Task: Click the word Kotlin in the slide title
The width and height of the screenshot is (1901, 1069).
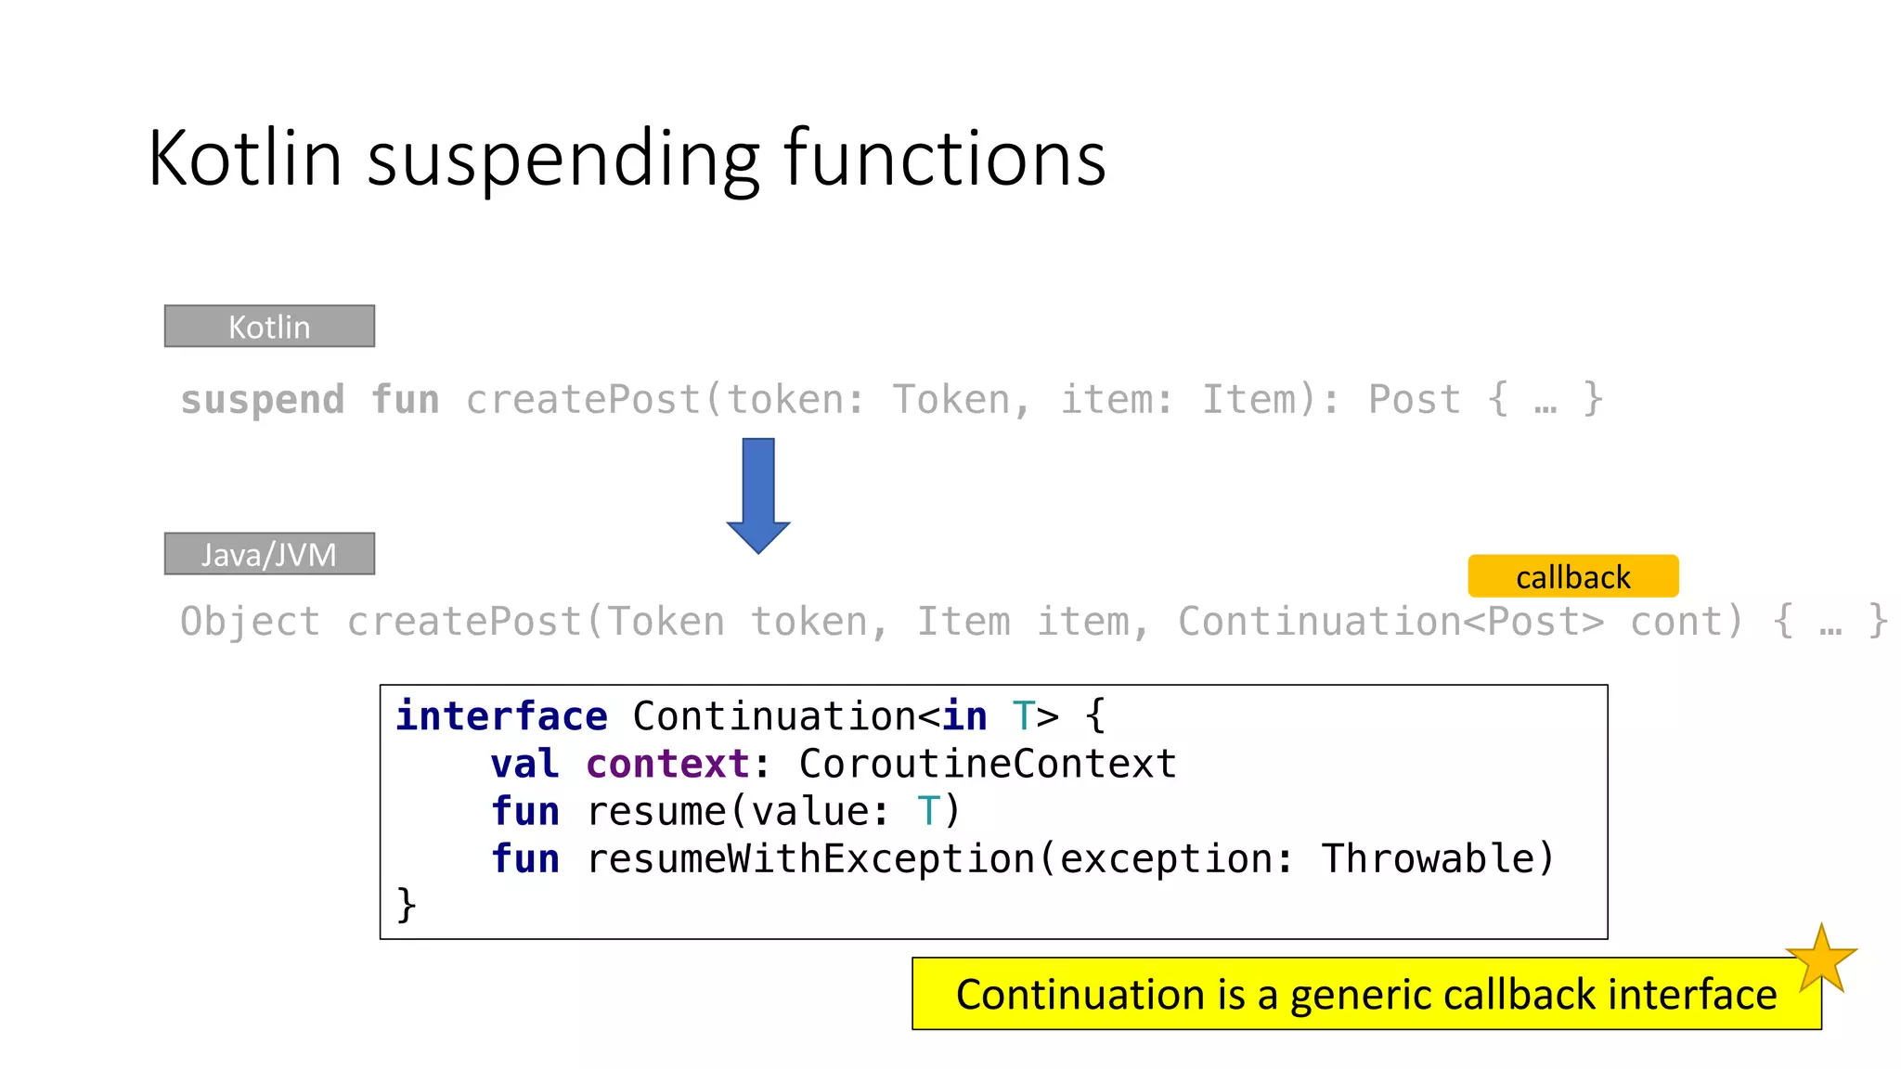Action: pyautogui.click(x=245, y=159)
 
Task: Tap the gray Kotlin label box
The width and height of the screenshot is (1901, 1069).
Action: pyautogui.click(x=269, y=327)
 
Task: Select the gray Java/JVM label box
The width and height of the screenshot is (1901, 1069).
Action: pyautogui.click(x=269, y=554)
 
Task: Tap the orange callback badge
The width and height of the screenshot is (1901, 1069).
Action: pyautogui.click(x=1572, y=576)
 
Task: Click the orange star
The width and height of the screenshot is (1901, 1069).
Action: pyautogui.click(x=1821, y=960)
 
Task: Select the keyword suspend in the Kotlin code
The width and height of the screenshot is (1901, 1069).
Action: pyautogui.click(x=263, y=400)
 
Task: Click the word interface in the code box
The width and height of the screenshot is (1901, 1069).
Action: pyautogui.click(x=501, y=716)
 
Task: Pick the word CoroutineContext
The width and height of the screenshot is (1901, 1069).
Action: pyautogui.click(x=988, y=764)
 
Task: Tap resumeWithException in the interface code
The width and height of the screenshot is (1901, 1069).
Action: pyautogui.click(x=810, y=858)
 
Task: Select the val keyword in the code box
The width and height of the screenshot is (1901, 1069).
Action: pyautogui.click(x=524, y=764)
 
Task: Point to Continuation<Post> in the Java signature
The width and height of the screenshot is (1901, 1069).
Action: pyautogui.click(x=1390, y=622)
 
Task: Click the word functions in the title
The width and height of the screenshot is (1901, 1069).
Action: pyautogui.click(x=945, y=159)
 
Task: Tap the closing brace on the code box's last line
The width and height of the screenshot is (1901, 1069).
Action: pyautogui.click(x=406, y=905)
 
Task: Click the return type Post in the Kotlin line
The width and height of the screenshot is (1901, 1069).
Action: pyautogui.click(x=1414, y=400)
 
